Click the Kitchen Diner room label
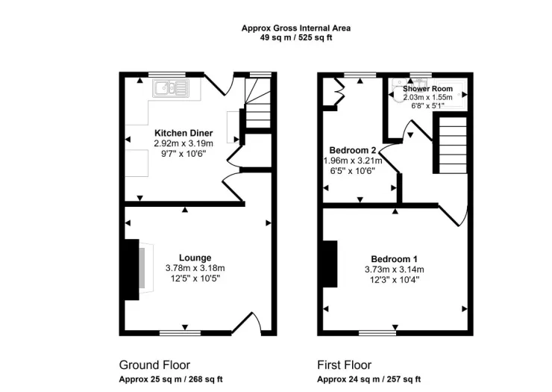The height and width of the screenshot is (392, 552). (x=184, y=133)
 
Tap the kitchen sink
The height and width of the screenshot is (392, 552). (x=171, y=88)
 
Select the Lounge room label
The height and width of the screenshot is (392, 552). (x=195, y=258)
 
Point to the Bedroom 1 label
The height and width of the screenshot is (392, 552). (x=395, y=259)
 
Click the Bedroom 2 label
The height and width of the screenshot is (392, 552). (x=353, y=150)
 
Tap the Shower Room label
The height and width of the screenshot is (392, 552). (x=427, y=89)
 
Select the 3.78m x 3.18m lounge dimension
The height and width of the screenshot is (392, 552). (x=195, y=268)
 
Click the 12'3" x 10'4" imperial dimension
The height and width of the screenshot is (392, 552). (x=395, y=280)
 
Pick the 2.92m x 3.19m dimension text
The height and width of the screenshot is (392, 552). (x=184, y=143)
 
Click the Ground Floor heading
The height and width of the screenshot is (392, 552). (x=154, y=365)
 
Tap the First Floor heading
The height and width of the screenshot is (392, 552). (x=345, y=365)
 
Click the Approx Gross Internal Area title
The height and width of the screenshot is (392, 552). (x=296, y=28)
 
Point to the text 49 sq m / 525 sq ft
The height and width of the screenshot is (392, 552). (x=296, y=38)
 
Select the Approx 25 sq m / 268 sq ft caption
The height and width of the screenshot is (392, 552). (x=171, y=379)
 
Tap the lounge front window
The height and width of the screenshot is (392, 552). (x=180, y=332)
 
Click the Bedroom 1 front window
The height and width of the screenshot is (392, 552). (x=377, y=332)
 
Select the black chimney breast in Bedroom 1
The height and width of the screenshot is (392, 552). (x=330, y=264)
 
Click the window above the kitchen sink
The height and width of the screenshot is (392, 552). (x=167, y=75)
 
